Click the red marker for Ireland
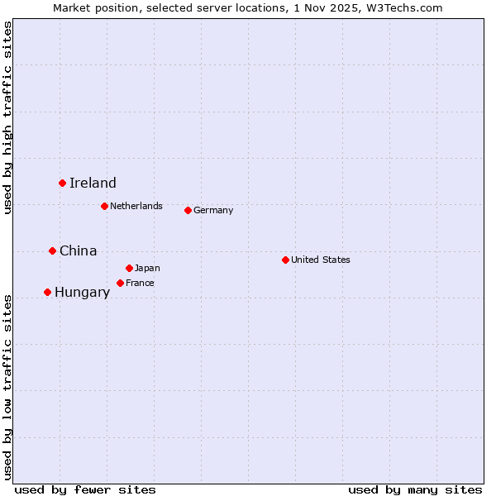point(62,183)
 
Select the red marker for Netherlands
point(104,206)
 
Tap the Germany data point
point(188,210)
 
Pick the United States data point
point(285,260)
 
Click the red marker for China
point(52,250)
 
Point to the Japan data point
point(129,268)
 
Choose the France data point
point(120,283)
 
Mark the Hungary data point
point(47,292)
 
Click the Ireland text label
point(93,184)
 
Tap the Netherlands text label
point(136,206)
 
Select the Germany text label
point(213,210)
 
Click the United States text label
point(321,260)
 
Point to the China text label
point(79,250)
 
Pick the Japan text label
point(147,268)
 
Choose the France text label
point(140,283)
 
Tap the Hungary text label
point(82,293)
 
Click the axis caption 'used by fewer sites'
point(85,489)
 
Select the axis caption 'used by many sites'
point(415,489)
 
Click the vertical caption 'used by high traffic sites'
point(8,117)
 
